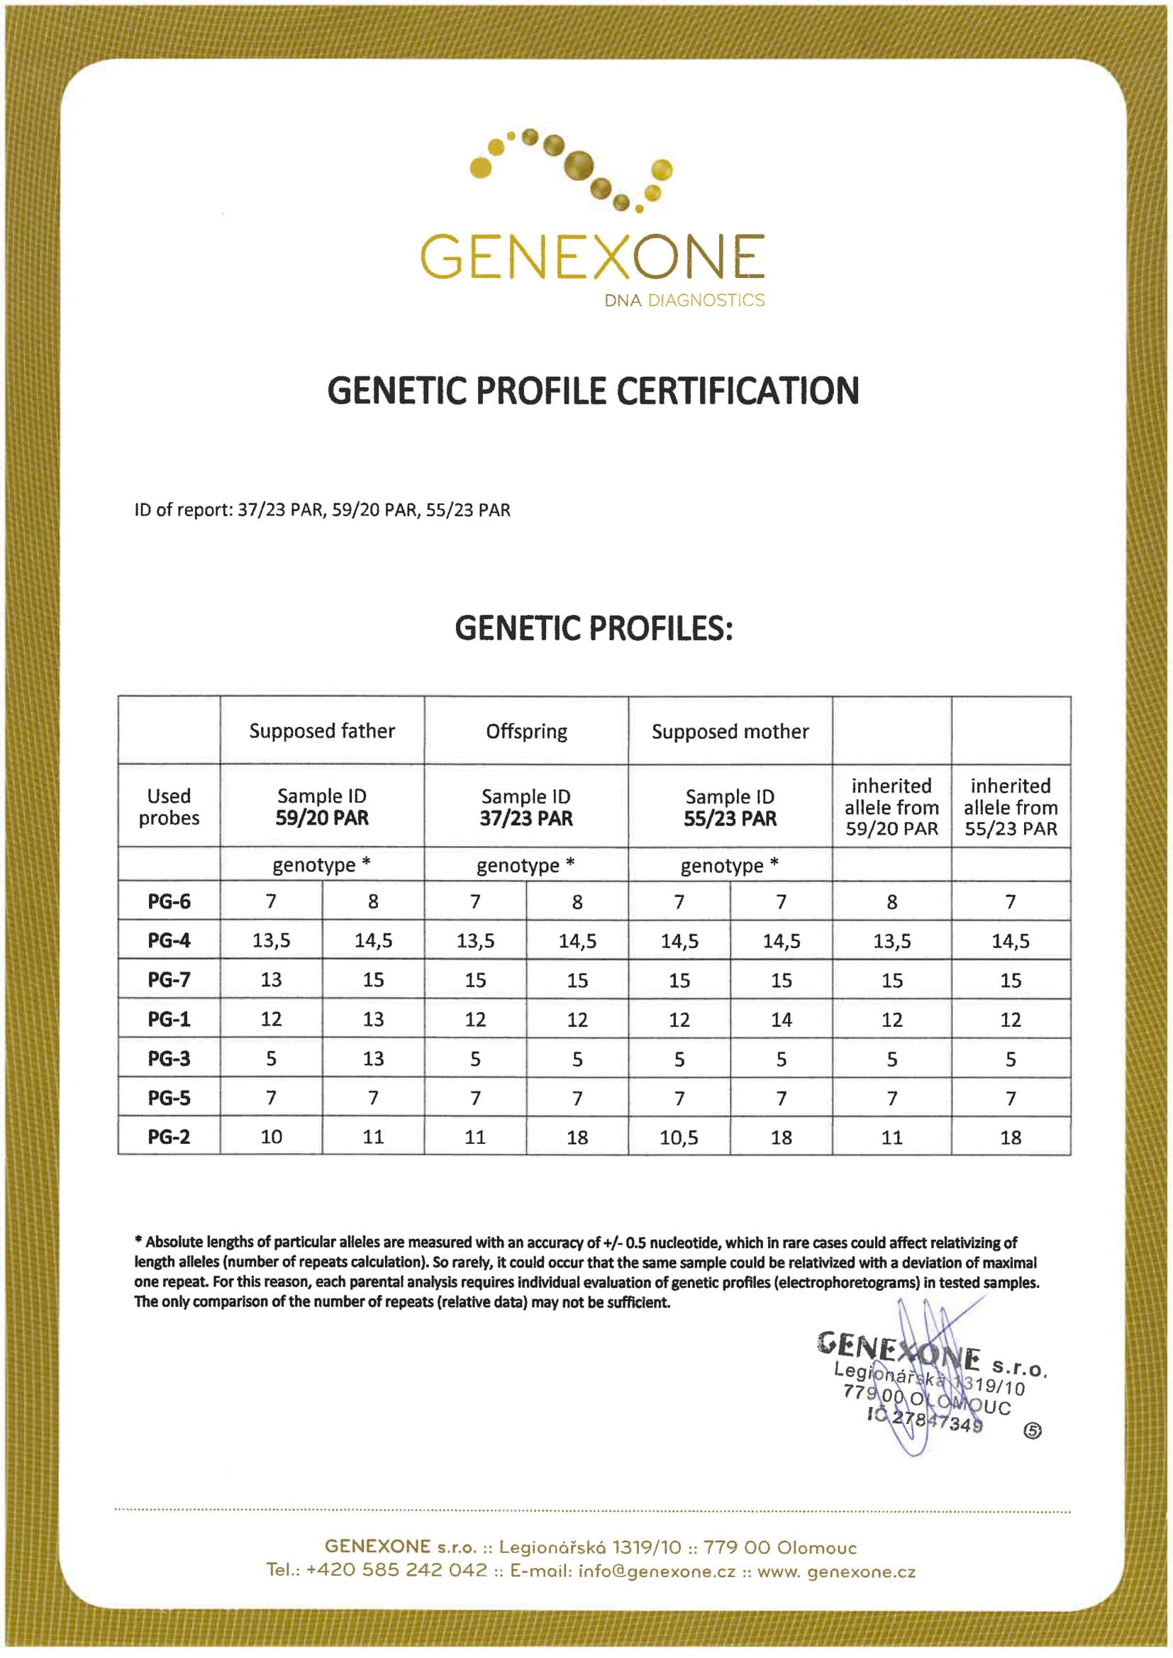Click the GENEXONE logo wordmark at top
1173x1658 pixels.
coord(592,256)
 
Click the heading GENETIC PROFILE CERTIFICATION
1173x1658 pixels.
coord(593,391)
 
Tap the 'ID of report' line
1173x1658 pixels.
coord(322,510)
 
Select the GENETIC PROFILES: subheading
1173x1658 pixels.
coord(593,628)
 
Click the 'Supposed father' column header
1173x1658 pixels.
coord(322,731)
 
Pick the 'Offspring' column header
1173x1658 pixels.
coord(526,732)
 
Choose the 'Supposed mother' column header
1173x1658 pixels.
coord(730,732)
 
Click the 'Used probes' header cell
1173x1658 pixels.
coord(169,806)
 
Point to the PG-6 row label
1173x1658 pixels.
coord(169,901)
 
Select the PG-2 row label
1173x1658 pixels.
coord(169,1137)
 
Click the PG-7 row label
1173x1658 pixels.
coord(169,980)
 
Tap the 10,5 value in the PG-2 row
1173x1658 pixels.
coord(679,1137)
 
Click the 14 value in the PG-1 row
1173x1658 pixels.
coord(782,1020)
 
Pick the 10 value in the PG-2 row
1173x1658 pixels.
coord(271,1137)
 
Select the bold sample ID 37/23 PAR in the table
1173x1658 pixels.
coord(526,818)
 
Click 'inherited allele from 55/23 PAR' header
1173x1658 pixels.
coord(1011,806)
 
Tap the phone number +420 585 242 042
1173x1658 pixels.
coord(397,1571)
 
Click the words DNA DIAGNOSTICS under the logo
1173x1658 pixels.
coord(684,301)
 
